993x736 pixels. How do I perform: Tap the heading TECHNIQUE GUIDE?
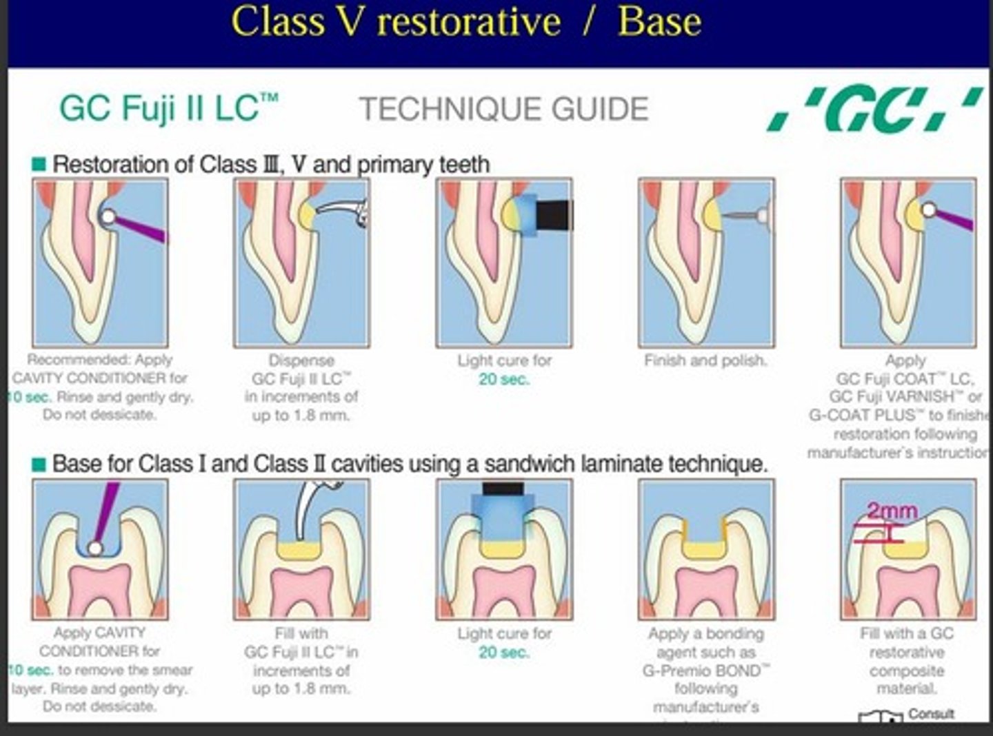click(x=503, y=110)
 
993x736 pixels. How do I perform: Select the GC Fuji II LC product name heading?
click(x=169, y=108)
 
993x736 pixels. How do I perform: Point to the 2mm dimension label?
click(x=892, y=511)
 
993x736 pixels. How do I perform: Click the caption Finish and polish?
click(x=705, y=360)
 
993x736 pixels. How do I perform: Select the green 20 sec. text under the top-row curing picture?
click(x=504, y=379)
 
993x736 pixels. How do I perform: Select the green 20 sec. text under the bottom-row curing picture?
click(x=504, y=652)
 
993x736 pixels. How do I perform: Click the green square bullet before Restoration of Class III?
click(x=39, y=165)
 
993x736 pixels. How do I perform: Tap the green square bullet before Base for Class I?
click(x=39, y=464)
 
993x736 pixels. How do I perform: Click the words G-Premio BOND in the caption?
click(x=705, y=670)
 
